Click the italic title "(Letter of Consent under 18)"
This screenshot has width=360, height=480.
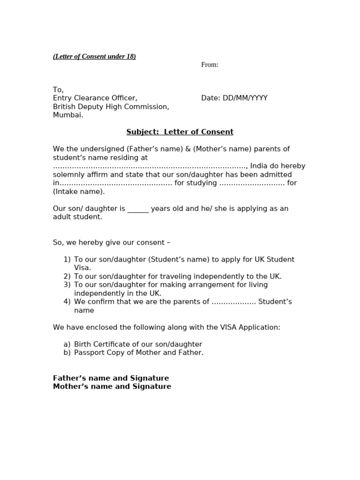click(94, 57)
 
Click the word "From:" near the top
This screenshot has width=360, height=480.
click(210, 65)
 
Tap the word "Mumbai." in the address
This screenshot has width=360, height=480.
click(68, 115)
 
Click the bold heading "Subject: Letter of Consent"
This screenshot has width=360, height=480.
click(180, 132)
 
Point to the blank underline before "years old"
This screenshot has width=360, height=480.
click(138, 209)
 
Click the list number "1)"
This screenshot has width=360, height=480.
click(67, 260)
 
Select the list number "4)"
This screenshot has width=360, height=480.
click(67, 302)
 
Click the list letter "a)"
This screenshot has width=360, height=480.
click(67, 345)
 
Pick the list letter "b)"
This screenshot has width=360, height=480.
click(67, 353)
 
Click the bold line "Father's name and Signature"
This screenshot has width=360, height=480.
click(111, 378)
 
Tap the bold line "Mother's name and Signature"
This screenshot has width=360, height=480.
click(112, 387)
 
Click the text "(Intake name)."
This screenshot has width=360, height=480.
click(79, 192)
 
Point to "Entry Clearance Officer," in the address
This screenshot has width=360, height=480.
click(95, 98)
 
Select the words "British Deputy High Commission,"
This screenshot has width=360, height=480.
click(111, 107)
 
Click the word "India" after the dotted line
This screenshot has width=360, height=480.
click(259, 166)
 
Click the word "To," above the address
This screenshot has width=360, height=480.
click(58, 90)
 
